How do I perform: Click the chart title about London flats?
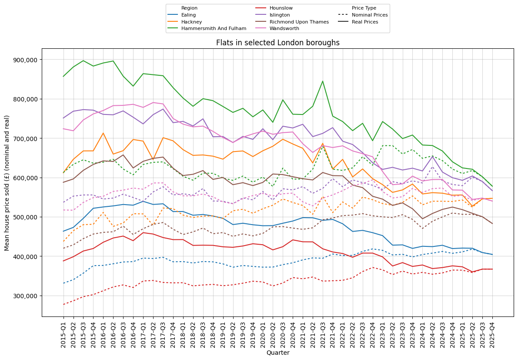(x=277, y=43)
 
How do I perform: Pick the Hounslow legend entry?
(x=281, y=8)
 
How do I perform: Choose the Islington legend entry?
(x=280, y=15)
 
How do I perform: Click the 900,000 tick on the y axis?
(x=25, y=60)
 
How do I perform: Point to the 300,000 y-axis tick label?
(x=25, y=296)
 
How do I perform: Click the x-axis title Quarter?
(x=277, y=353)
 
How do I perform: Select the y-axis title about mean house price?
(x=7, y=183)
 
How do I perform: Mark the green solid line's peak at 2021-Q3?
(x=322, y=81)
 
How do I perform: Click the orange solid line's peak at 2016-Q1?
(x=103, y=133)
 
